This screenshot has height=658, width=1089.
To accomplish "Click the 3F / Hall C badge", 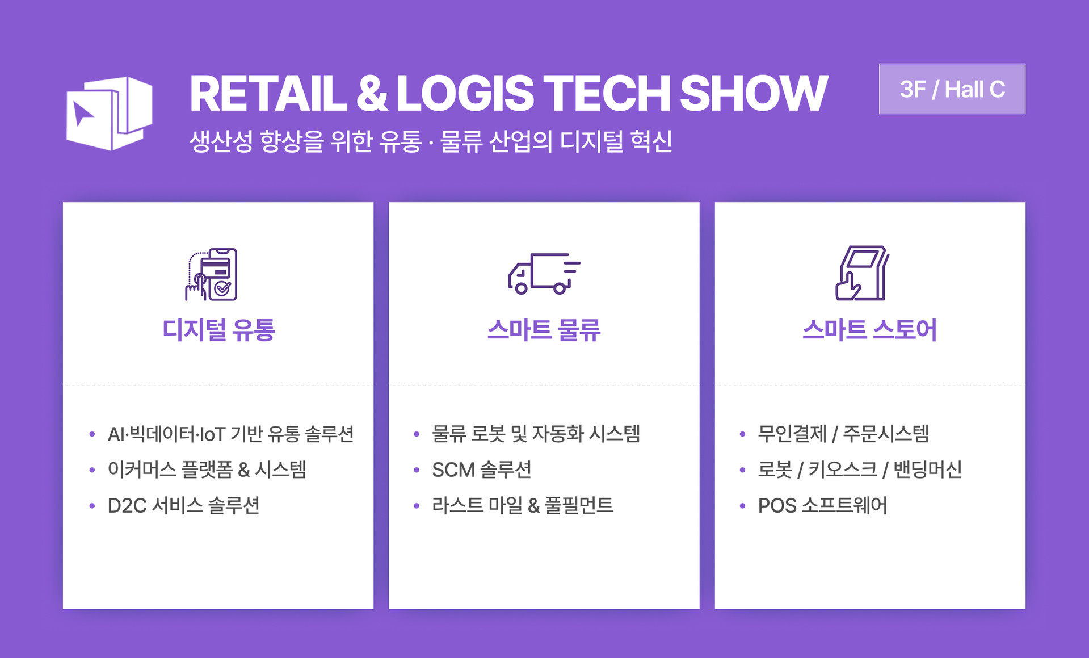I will coord(952,89).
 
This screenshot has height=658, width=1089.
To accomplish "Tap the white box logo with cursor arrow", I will coord(109,114).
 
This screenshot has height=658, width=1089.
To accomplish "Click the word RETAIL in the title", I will coord(267,94).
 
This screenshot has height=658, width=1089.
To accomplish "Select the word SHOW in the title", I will coord(753,94).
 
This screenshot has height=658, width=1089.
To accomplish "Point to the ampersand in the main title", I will coord(372,94).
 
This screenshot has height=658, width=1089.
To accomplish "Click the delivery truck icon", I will coord(543,274).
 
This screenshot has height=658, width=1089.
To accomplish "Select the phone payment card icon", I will coord(212,274).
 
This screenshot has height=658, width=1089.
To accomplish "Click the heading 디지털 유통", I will coord(218,330).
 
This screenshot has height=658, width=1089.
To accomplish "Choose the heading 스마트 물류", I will coord(544,330).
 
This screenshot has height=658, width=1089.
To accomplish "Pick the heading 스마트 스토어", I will coord(869,330).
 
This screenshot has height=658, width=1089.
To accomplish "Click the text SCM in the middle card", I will coord(453,470).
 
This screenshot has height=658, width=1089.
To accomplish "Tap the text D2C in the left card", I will coord(127,505).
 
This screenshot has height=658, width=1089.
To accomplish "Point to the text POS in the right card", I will coord(777,505).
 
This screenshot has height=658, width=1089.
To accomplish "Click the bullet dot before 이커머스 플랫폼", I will coord(92,470).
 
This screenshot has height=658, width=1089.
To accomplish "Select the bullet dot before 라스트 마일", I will coord(417,505).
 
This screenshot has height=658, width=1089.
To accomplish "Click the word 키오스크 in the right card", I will coord(842,470).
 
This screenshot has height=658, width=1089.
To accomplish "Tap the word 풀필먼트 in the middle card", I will coord(579,505).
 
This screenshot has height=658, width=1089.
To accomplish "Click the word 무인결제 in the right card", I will coord(792,434).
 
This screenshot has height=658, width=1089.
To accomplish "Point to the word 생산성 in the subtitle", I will coord(221,141).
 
